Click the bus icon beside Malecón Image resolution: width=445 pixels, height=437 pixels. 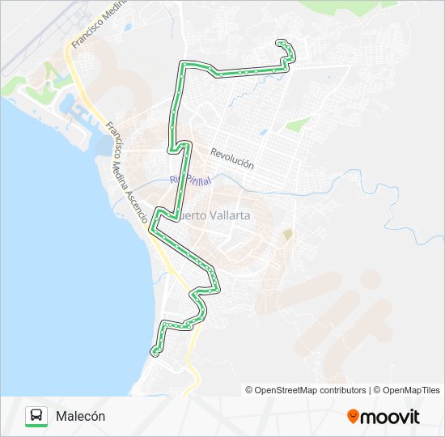pyautogui.click(x=36, y=416)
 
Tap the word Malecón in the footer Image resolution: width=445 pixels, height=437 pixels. pyautogui.click(x=80, y=416)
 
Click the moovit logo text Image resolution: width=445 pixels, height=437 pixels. pyautogui.click(x=391, y=417)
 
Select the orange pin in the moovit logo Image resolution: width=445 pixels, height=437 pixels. pyautogui.click(x=353, y=417)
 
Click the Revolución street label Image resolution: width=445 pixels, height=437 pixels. pyautogui.click(x=232, y=159)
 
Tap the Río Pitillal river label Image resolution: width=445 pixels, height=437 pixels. pyautogui.click(x=190, y=180)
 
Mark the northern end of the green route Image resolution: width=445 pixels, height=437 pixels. pyautogui.click(x=281, y=42)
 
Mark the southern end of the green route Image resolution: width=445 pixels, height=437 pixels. pyautogui.click(x=154, y=351)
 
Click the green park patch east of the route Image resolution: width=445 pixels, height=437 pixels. pyautogui.click(x=298, y=125)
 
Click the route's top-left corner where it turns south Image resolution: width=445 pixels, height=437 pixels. pyautogui.click(x=184, y=64)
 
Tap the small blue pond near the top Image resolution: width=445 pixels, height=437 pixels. pyautogui.click(x=127, y=25)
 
